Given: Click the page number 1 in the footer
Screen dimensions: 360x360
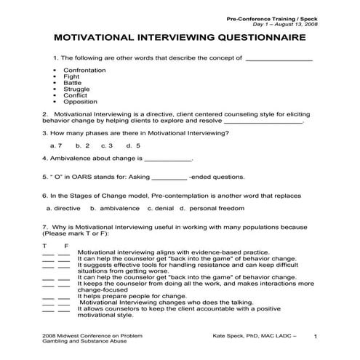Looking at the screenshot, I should coord(314,337).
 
